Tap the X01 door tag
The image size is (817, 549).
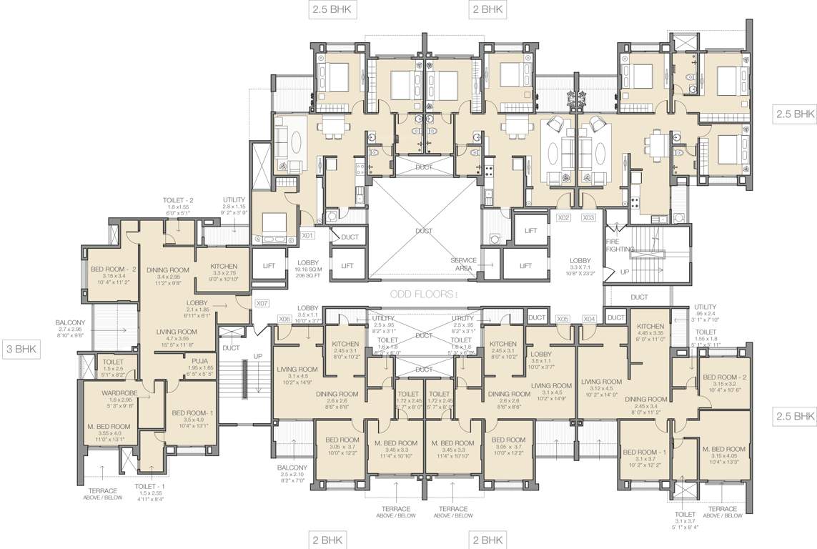click(308, 234)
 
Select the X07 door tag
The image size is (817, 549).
click(262, 303)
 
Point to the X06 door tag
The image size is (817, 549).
click(284, 319)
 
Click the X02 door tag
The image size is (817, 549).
click(564, 217)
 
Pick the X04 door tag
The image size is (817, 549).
click(589, 319)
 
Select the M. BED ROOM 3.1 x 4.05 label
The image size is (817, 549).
click(724, 449)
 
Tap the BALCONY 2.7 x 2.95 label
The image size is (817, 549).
click(71, 323)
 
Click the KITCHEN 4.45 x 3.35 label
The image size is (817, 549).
click(650, 326)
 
